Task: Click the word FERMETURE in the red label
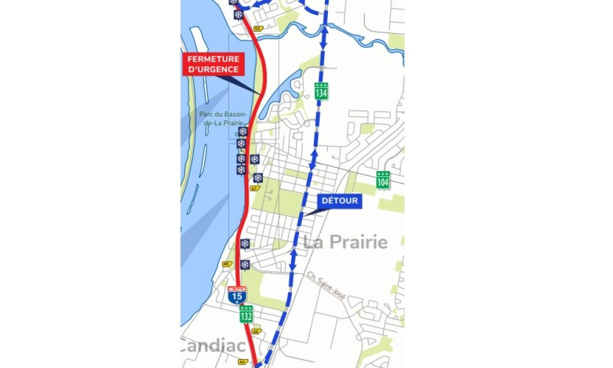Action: point(213,58)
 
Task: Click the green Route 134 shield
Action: point(321,91)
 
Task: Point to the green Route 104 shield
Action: point(383,180)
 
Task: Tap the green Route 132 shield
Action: point(246,314)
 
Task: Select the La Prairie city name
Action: point(346,242)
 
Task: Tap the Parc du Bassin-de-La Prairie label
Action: point(221,118)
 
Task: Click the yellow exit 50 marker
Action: point(257,28)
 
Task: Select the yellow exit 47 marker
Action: point(254,188)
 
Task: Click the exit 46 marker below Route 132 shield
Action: point(256,331)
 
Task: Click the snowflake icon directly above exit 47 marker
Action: point(257,178)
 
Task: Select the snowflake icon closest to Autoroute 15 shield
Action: point(245,265)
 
